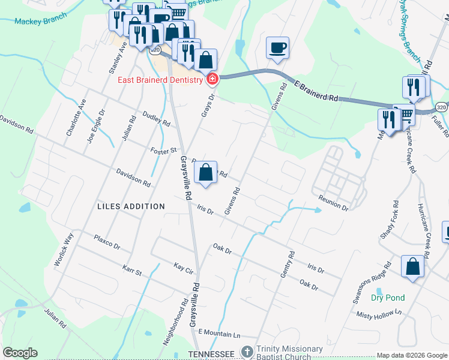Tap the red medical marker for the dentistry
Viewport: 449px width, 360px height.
point(212,79)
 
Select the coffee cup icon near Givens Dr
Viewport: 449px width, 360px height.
point(277,47)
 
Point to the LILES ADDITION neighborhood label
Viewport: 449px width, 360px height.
point(131,206)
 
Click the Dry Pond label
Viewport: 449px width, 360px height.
point(388,298)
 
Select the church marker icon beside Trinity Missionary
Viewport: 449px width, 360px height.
point(246,350)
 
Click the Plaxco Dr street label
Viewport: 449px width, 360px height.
point(107,242)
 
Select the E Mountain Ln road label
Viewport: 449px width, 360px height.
point(218,332)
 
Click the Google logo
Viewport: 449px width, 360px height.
point(20,353)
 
